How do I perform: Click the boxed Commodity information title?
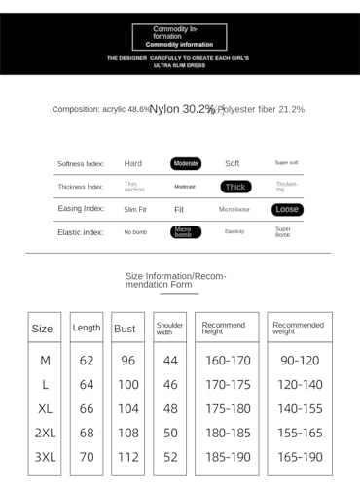click(179, 37)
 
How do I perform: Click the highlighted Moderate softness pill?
click(186, 163)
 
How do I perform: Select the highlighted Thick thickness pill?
click(236, 187)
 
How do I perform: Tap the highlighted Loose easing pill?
click(287, 209)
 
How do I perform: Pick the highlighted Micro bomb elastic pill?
click(185, 232)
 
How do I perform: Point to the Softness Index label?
click(81, 163)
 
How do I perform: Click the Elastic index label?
click(81, 232)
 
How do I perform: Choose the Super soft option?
click(287, 163)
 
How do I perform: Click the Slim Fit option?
click(134, 209)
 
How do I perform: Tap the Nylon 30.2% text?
click(182, 109)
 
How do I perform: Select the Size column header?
click(43, 329)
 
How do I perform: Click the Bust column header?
click(125, 329)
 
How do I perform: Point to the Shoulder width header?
click(170, 329)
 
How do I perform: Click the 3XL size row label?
click(45, 456)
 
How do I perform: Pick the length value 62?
click(87, 360)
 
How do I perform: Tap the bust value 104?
click(126, 408)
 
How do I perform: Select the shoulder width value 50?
click(170, 432)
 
